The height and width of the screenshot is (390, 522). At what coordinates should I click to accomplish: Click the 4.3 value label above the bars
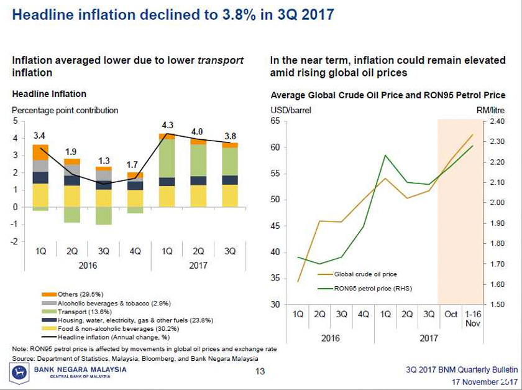pyautogui.click(x=167, y=125)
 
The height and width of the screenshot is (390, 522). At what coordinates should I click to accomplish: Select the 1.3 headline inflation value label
pyautogui.click(x=103, y=160)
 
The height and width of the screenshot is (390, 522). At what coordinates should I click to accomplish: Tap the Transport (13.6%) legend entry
pyautogui.click(x=76, y=312)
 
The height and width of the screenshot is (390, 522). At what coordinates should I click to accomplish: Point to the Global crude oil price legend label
pyautogui.click(x=365, y=274)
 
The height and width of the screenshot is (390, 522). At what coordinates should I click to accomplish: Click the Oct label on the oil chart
pyautogui.click(x=451, y=314)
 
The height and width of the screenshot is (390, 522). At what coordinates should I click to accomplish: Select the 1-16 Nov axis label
pyautogui.click(x=473, y=319)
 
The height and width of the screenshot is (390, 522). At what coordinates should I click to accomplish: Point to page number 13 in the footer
pyautogui.click(x=261, y=372)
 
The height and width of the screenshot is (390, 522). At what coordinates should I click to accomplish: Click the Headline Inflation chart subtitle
pyautogui.click(x=49, y=94)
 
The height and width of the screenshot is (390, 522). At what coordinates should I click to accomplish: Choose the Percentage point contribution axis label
pyautogui.click(x=65, y=110)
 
